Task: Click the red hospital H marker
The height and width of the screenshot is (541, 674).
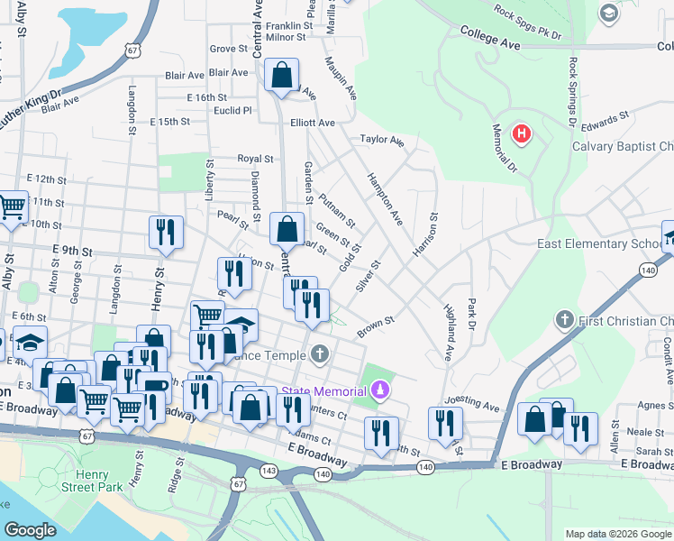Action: coord(521,135)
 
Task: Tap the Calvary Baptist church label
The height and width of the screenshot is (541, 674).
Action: coord(623,147)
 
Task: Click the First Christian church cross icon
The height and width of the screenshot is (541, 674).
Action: coord(564,320)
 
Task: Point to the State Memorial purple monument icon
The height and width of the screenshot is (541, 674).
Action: coord(380,390)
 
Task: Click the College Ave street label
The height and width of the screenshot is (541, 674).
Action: coord(490,37)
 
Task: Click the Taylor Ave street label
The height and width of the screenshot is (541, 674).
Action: coord(382,141)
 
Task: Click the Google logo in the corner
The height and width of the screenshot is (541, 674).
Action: coord(31,530)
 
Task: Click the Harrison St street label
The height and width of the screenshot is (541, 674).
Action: coord(425,234)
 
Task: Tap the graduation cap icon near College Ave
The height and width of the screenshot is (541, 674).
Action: coord(610,12)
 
